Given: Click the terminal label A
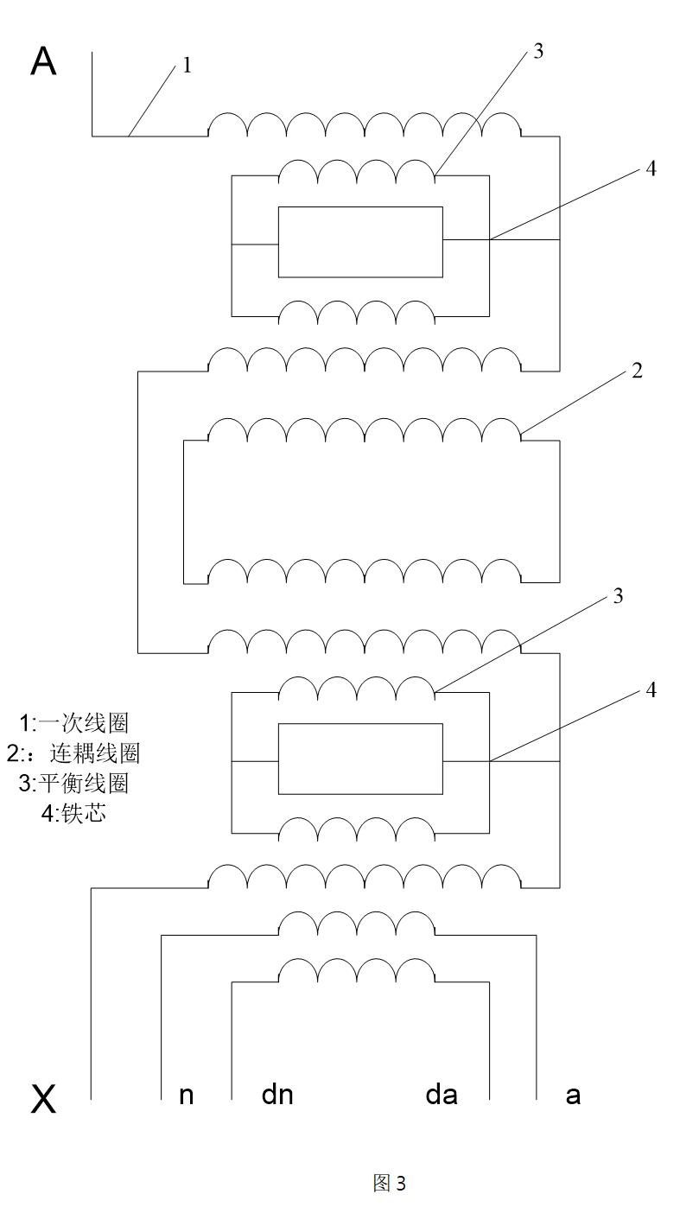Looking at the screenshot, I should [x=43, y=62].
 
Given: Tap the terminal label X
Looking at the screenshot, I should [x=43, y=1099].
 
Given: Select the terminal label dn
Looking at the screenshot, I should [x=277, y=1095].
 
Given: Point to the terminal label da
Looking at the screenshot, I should [x=441, y=1095].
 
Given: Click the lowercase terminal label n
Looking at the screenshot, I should [x=186, y=1096].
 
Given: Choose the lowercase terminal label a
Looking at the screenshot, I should [x=572, y=1096].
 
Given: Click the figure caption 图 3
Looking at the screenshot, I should [x=389, y=1183].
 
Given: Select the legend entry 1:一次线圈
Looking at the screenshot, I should [x=74, y=723].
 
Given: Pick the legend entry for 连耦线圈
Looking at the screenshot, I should [x=73, y=753].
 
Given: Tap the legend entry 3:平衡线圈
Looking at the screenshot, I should [x=74, y=783].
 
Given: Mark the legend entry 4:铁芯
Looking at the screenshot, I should [x=73, y=813].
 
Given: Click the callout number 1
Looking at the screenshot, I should [x=187, y=66].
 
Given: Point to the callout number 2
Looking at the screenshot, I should [x=637, y=371].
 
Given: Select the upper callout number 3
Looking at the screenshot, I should [x=538, y=51].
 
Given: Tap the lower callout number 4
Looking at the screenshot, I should [x=651, y=689].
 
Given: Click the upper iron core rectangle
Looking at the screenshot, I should [x=360, y=242].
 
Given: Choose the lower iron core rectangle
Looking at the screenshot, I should [x=360, y=759].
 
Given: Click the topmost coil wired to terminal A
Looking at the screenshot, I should [x=365, y=125].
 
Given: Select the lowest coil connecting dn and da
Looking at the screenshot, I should [x=357, y=971].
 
